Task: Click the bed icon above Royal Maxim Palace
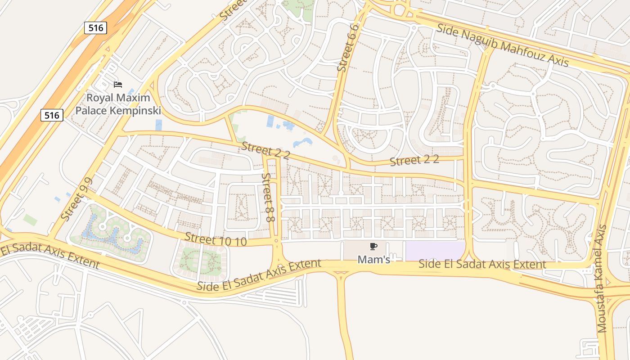point(118,84)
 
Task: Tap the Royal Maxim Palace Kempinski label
point(118,104)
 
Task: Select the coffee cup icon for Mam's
point(373,246)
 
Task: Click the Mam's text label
point(373,259)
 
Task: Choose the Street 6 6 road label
point(348,48)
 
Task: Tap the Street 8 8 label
point(269,198)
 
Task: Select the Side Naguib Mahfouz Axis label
point(503,45)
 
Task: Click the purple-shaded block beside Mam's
point(435,251)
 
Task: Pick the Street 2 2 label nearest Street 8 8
point(265,150)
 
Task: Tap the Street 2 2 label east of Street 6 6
point(414,161)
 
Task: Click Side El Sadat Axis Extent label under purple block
point(482,264)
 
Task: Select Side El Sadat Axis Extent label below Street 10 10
point(259,274)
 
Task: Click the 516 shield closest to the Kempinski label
point(52,115)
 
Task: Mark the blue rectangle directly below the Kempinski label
point(158,125)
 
